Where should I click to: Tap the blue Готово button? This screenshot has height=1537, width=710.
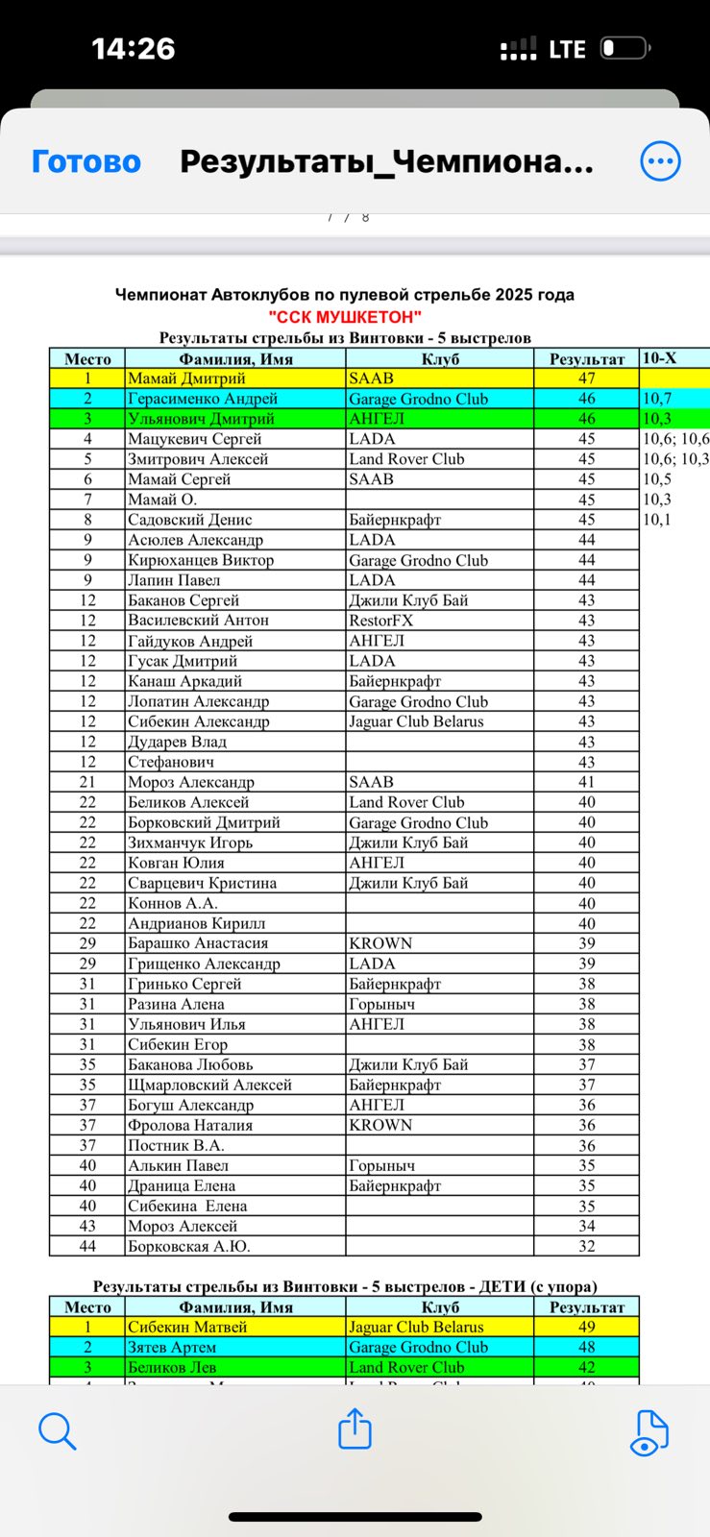tap(86, 161)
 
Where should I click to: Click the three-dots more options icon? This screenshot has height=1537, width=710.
tap(660, 161)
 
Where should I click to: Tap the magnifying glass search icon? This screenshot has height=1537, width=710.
tap(57, 1430)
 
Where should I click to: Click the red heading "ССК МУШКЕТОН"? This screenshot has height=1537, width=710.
tap(345, 317)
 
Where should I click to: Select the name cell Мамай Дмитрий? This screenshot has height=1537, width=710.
tap(186, 378)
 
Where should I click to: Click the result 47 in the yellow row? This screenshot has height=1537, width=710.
tap(586, 378)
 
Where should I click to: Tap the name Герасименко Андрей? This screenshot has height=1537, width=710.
tap(203, 399)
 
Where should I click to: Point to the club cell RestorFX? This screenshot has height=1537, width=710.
tap(380, 621)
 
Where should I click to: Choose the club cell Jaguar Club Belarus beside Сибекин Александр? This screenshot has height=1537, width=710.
tap(416, 721)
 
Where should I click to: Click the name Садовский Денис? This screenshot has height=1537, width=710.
tap(190, 520)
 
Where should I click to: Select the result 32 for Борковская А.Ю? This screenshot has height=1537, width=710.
tap(586, 1246)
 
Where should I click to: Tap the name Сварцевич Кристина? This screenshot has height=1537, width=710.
tap(202, 883)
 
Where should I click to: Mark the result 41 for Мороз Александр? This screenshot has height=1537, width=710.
tap(586, 782)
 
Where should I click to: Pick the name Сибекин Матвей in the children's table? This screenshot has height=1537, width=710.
tap(187, 1327)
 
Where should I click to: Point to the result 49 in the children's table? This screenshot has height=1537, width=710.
tap(586, 1327)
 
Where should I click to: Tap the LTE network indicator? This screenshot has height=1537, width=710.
tap(567, 49)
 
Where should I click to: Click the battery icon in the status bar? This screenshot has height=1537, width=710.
tap(625, 48)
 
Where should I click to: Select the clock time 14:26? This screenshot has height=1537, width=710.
tap(134, 49)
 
